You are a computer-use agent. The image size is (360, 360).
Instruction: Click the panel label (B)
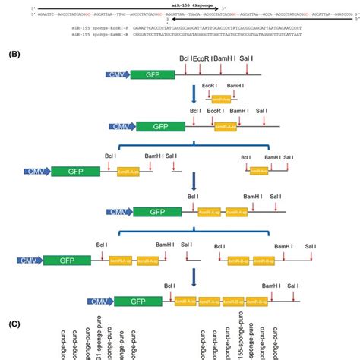point(13,54)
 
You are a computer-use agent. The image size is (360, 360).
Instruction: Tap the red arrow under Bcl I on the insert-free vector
point(185,70)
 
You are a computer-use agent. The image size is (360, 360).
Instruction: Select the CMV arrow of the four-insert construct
point(97,302)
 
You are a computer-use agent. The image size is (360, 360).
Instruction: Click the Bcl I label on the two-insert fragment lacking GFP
point(221,245)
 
